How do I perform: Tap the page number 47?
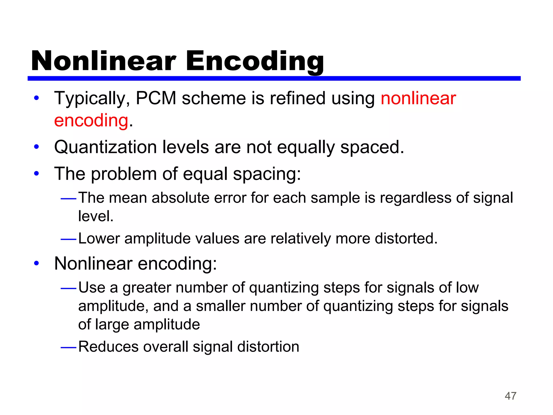[x=510, y=396]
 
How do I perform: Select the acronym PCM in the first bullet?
[x=156, y=98]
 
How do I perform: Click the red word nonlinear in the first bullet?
[x=418, y=98]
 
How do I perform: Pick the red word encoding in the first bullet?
[x=91, y=121]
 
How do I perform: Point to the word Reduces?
[x=108, y=347]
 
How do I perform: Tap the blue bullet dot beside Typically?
[x=36, y=98]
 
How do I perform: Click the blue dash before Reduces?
[x=69, y=347]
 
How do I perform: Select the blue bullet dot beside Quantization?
[x=36, y=148]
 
